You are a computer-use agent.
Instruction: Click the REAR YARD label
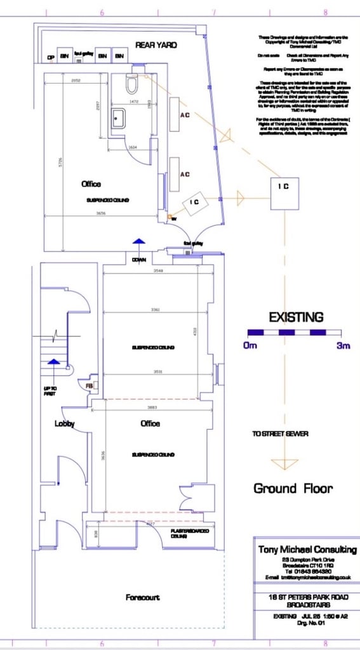[156, 45]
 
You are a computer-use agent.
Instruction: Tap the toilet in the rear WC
[132, 83]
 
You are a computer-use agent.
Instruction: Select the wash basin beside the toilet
[118, 118]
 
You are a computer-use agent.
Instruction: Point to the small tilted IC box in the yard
[195, 202]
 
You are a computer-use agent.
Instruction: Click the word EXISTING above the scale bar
[295, 317]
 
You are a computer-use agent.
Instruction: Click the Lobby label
[65, 423]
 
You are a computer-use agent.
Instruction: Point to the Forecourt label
[142, 597]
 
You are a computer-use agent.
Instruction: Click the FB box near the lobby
[90, 385]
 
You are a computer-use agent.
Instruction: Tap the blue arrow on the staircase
[54, 362]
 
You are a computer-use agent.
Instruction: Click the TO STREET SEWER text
[281, 434]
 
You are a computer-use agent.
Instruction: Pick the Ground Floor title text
[293, 488]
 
